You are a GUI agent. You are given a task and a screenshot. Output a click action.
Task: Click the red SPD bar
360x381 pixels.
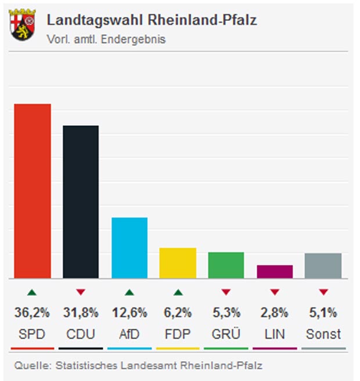pos(33,191)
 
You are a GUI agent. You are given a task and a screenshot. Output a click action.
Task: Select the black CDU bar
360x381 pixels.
pos(81,202)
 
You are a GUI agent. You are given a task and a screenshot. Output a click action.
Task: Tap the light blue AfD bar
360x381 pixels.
pos(129,248)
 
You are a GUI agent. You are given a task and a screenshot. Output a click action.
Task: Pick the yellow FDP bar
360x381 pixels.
pos(178,263)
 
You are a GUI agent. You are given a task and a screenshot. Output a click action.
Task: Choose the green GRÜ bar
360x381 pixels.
pos(226,265)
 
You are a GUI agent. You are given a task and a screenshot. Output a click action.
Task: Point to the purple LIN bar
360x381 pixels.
pos(275,271)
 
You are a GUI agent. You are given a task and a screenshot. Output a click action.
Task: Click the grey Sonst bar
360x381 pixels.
pos(323,266)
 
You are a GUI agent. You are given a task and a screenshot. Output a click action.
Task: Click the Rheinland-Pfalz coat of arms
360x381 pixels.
pos(22,24)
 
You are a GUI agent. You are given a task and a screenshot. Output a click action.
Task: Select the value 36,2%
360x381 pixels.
pos(33,313)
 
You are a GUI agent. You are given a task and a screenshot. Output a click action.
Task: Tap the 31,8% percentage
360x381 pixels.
pos(81,313)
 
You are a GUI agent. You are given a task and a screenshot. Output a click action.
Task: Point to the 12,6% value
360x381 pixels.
pos(129,313)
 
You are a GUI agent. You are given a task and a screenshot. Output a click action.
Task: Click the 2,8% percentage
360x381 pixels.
pos(275,313)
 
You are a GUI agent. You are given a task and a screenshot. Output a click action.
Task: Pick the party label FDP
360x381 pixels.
pos(178,335)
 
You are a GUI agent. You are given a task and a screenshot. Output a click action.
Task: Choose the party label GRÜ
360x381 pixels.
pos(226,335)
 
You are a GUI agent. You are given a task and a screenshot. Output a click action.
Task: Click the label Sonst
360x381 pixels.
pos(323,335)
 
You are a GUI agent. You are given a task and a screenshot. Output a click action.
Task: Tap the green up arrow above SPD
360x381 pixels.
pos(33,292)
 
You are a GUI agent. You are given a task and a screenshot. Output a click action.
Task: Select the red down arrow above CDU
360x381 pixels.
pos(81,292)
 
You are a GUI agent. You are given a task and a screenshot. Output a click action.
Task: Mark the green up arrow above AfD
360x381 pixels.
pos(129,292)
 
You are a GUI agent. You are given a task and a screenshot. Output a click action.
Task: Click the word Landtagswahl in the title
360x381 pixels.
pos(95,20)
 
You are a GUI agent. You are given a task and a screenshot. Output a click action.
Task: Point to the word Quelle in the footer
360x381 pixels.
pos(29,366)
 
